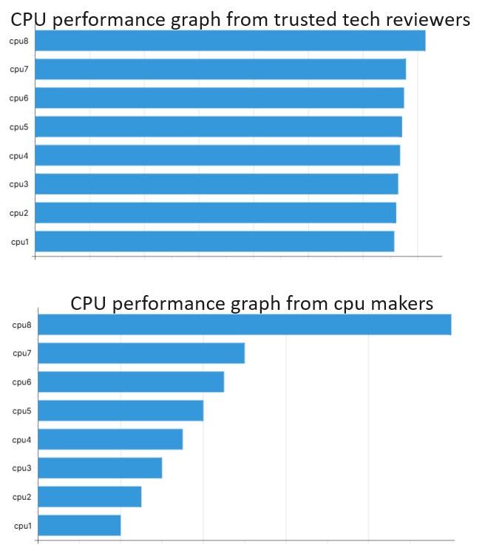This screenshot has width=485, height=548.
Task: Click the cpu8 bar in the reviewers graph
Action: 230,41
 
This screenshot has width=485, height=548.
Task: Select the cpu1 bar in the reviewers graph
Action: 214,241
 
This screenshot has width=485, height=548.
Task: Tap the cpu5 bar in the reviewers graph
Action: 218,126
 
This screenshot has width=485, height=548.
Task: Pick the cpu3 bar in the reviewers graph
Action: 217,183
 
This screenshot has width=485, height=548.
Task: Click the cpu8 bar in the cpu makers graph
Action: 244,325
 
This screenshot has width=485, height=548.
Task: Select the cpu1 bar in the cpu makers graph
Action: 79,525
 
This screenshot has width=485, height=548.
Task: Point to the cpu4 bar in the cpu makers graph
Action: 110,439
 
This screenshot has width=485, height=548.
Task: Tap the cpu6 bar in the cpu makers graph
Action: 131,382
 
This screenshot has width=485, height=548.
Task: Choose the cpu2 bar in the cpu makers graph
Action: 89,496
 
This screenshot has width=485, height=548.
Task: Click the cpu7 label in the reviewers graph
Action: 18,70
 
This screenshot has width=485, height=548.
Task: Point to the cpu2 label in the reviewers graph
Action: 18,213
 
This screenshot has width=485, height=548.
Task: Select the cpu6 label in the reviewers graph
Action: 18,98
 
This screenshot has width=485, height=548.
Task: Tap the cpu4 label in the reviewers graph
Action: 18,156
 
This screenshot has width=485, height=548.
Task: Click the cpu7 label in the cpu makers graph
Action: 21,354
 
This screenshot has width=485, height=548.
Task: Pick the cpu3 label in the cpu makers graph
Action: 21,468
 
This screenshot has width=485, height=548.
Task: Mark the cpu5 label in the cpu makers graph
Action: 21,411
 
